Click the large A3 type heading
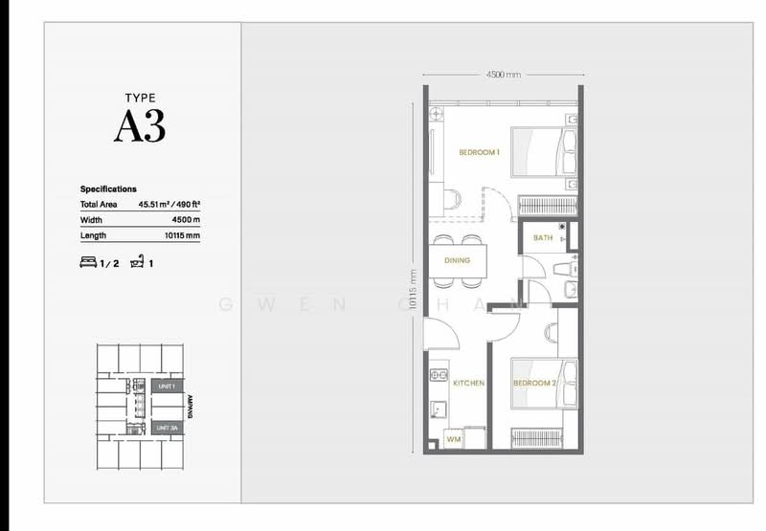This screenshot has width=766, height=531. click(140, 126)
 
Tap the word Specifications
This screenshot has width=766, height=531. click(108, 189)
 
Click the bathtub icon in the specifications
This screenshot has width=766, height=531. click(139, 260)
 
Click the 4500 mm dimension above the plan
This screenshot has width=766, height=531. click(502, 74)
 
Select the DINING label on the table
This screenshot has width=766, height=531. click(456, 260)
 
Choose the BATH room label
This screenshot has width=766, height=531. click(543, 238)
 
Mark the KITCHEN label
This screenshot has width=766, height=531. click(468, 383)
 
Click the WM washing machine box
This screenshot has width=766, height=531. click(454, 439)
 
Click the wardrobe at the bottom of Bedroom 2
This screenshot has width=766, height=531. click(543, 437)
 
